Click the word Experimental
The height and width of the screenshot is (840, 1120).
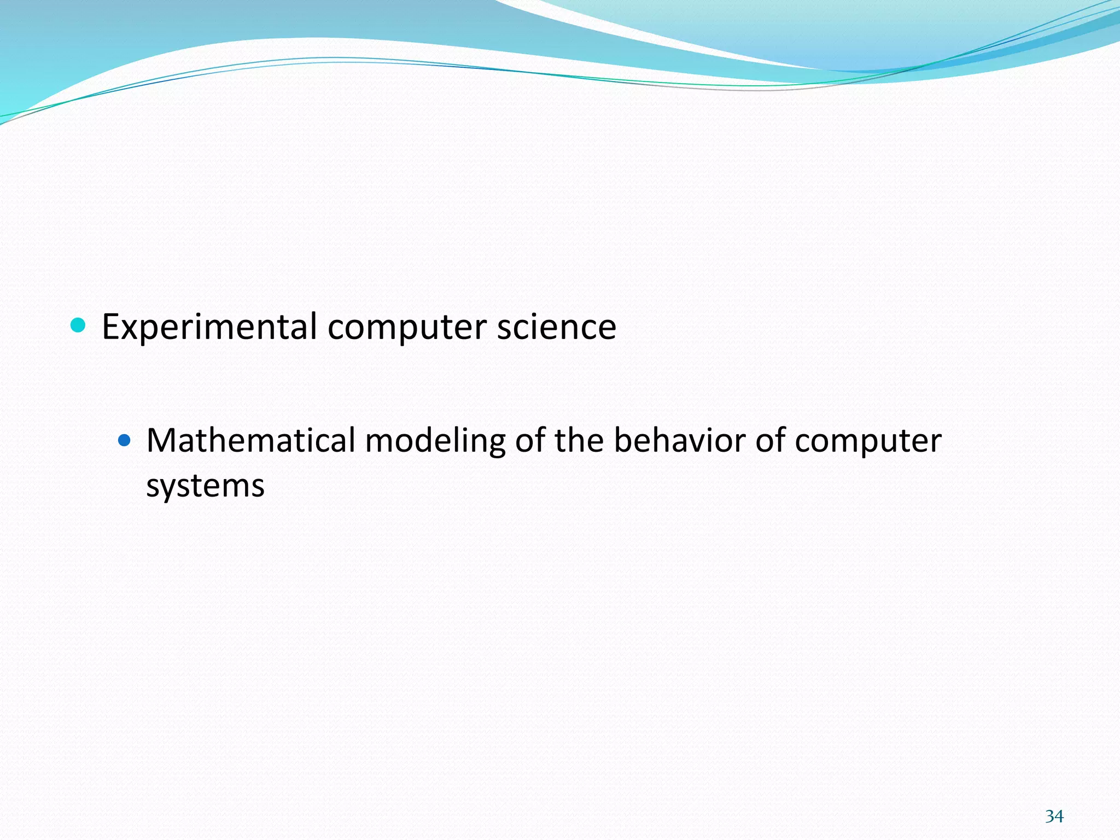click(209, 327)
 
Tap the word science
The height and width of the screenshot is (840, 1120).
click(556, 327)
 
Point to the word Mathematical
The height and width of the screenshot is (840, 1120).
click(251, 440)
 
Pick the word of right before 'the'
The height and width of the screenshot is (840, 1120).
click(530, 440)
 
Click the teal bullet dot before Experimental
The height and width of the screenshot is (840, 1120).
click(79, 325)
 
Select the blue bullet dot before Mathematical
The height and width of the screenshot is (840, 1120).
click(125, 439)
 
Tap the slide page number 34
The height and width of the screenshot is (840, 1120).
click(1054, 816)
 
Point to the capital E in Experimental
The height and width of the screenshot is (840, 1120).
click(111, 327)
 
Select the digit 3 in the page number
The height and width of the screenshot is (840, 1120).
click(1049, 816)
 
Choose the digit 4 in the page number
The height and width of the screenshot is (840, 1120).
click(1059, 816)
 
